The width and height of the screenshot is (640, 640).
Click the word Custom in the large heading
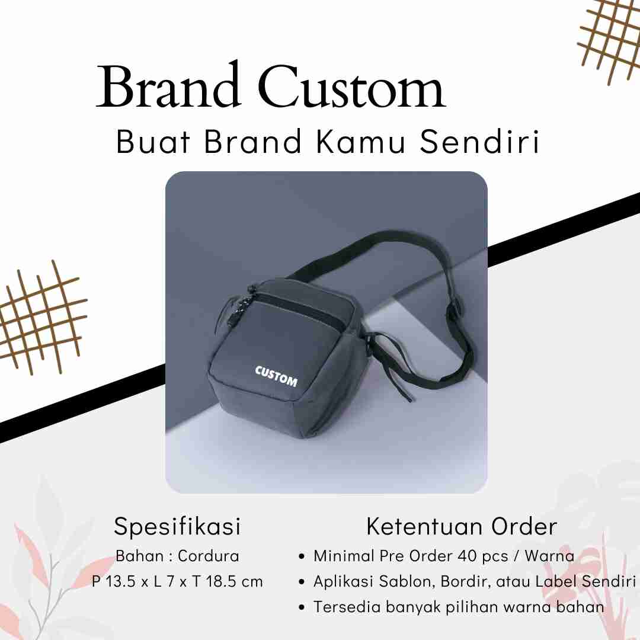(x=351, y=87)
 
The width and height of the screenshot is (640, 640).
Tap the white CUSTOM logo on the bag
(x=276, y=376)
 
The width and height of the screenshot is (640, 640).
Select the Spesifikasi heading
(x=177, y=527)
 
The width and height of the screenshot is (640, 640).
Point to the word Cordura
(x=209, y=556)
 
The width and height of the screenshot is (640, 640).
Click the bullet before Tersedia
(x=302, y=607)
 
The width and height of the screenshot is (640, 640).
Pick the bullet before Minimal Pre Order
(x=302, y=556)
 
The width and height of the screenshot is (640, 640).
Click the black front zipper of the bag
(x=303, y=309)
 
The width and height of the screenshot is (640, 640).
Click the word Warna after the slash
(x=549, y=556)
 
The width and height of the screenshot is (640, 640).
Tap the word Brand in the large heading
(x=168, y=85)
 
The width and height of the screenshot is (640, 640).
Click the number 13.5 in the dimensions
(x=121, y=582)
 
